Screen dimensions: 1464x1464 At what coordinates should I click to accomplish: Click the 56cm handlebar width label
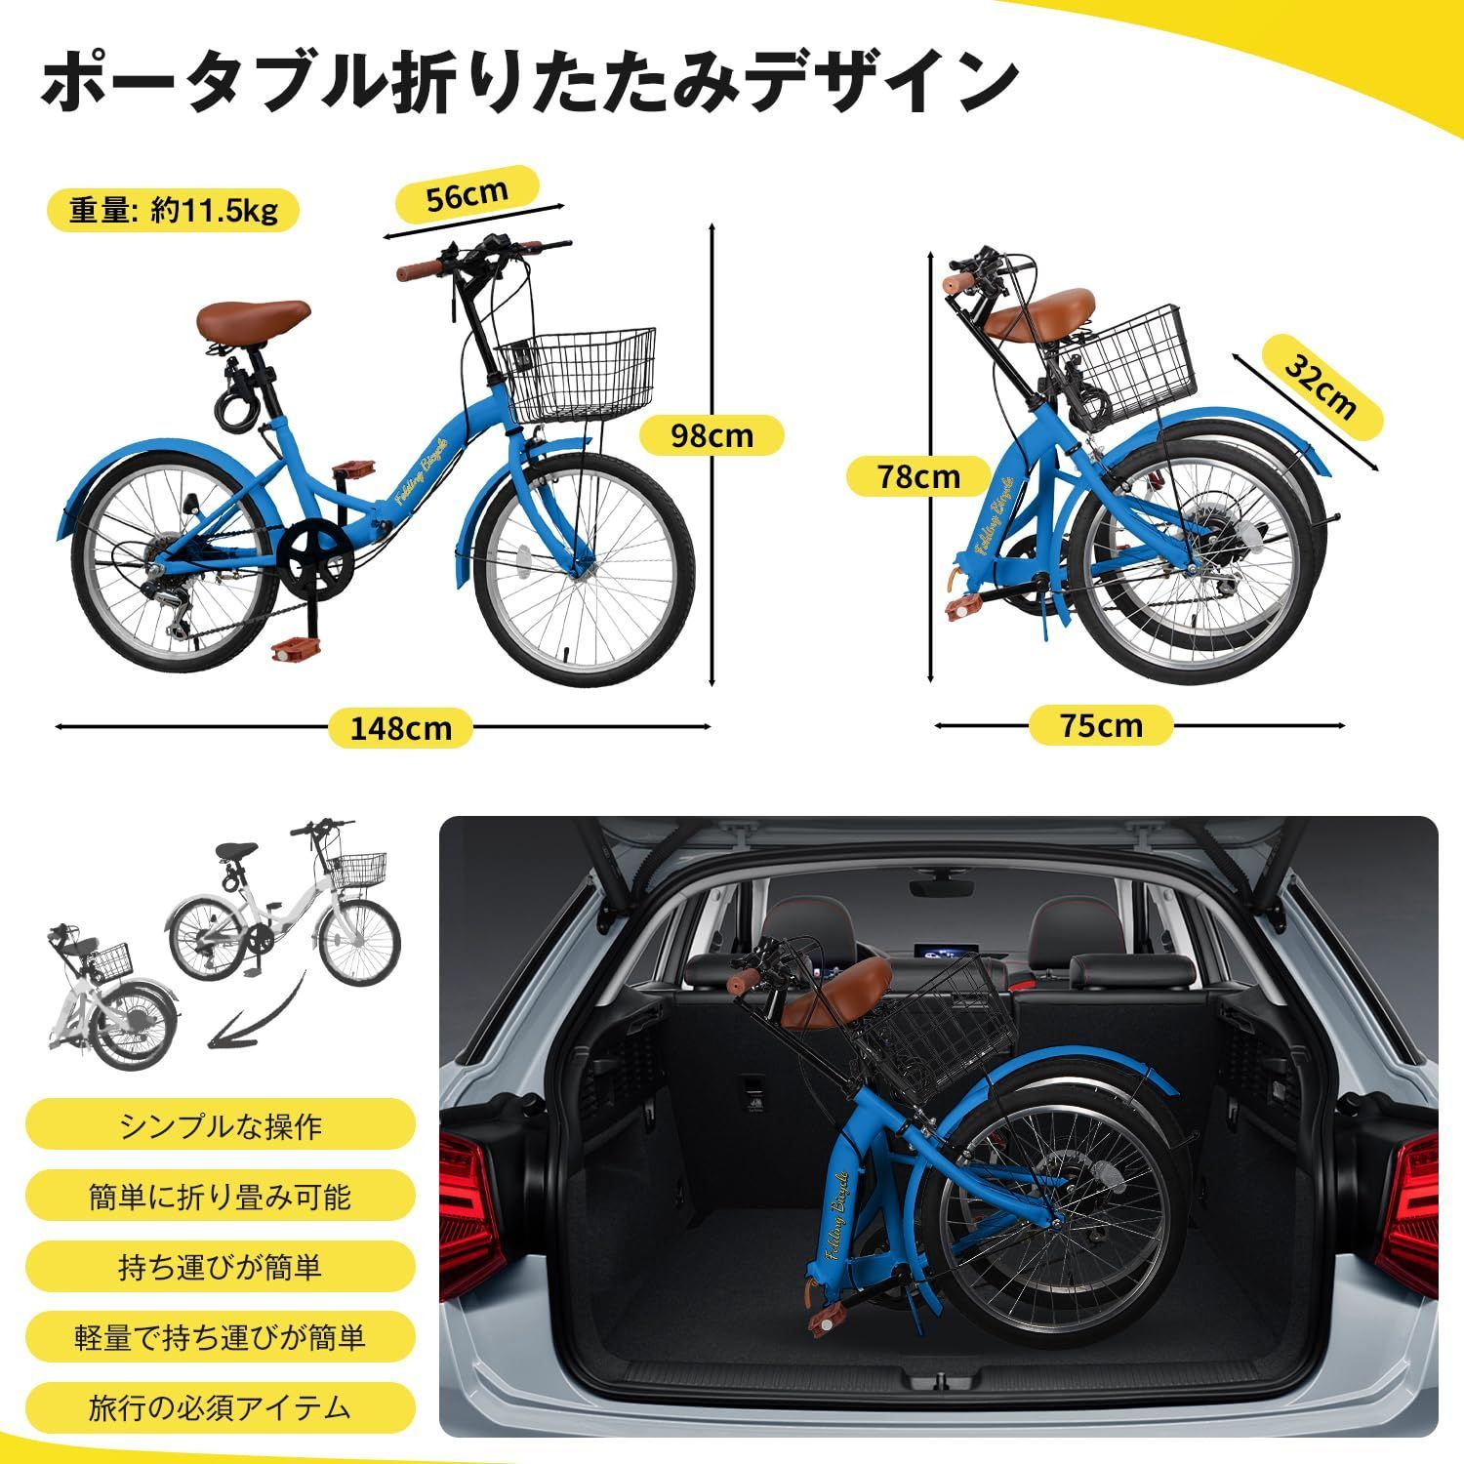pos(467,196)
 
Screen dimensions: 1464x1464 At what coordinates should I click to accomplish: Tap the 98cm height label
pos(712,435)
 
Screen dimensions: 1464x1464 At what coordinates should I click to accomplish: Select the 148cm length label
pos(399,727)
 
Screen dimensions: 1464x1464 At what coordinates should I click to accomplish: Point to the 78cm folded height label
pos(917,476)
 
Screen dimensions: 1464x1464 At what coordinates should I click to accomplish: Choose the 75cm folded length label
pos(1100,725)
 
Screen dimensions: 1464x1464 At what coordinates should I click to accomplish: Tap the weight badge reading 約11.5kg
pos(173,211)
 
